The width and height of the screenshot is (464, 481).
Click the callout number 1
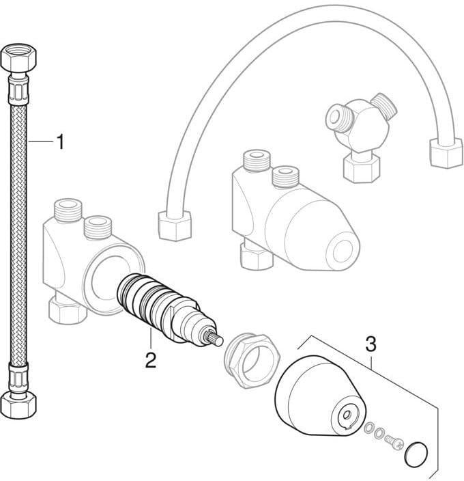[x=61, y=141]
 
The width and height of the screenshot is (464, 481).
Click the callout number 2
[x=150, y=361]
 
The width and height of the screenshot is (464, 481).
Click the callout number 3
[x=371, y=344]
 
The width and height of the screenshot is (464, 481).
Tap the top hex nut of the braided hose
[x=18, y=57]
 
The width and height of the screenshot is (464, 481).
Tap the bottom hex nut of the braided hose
[x=18, y=405]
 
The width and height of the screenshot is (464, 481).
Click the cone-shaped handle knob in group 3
[x=319, y=396]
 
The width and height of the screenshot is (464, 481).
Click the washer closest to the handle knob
[x=368, y=428]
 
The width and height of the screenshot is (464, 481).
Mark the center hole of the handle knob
[x=347, y=415]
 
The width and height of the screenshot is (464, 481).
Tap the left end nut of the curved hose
[x=175, y=225]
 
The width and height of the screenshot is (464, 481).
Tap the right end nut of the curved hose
[x=446, y=152]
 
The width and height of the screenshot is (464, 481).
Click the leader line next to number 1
[x=41, y=141]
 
